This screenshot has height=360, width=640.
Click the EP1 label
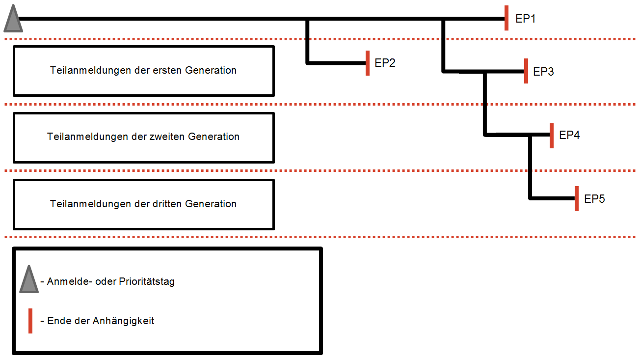click(x=526, y=19)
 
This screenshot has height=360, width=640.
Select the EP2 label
click(x=385, y=63)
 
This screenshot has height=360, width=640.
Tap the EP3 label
click(x=543, y=72)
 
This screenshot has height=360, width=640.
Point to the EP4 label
click(x=569, y=135)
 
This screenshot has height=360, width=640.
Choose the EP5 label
click(x=594, y=199)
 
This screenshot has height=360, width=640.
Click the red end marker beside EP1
click(x=507, y=18)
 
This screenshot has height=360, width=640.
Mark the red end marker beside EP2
click(x=368, y=63)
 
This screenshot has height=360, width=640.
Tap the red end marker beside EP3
click(x=526, y=71)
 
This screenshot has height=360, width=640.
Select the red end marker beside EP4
click(x=552, y=136)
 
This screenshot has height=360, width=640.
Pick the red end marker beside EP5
click(x=577, y=198)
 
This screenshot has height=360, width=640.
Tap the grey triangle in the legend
click(x=29, y=280)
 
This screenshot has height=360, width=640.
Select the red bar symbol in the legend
click(x=30, y=321)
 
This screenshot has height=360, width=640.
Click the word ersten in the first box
click(x=166, y=70)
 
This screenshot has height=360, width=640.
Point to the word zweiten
click(x=166, y=137)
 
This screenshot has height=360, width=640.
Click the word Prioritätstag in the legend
click(x=147, y=282)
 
